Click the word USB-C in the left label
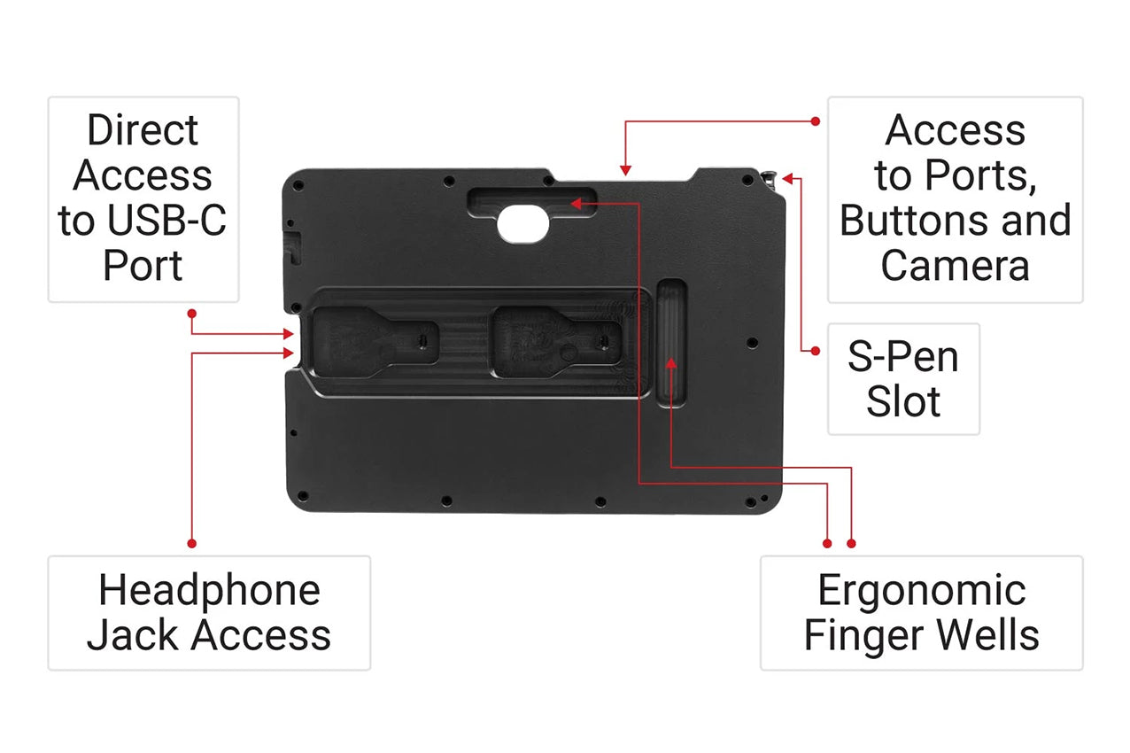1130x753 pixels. [x=167, y=221]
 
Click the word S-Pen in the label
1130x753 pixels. [x=903, y=357]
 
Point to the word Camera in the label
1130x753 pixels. [x=955, y=266]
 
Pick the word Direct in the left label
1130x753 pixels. [x=143, y=130]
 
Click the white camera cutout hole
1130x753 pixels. [x=522, y=224]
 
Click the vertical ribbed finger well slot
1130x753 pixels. [x=671, y=343]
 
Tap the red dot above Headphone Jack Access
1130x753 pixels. [x=191, y=544]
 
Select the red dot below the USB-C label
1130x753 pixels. [x=191, y=314]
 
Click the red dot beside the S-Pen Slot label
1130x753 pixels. [x=816, y=352]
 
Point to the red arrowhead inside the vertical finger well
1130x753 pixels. [x=671, y=363]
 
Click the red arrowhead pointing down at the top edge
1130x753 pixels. [x=625, y=171]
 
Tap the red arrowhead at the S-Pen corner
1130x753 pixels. [x=788, y=179]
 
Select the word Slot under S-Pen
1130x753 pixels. [x=903, y=401]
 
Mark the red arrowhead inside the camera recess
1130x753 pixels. [x=577, y=204]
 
